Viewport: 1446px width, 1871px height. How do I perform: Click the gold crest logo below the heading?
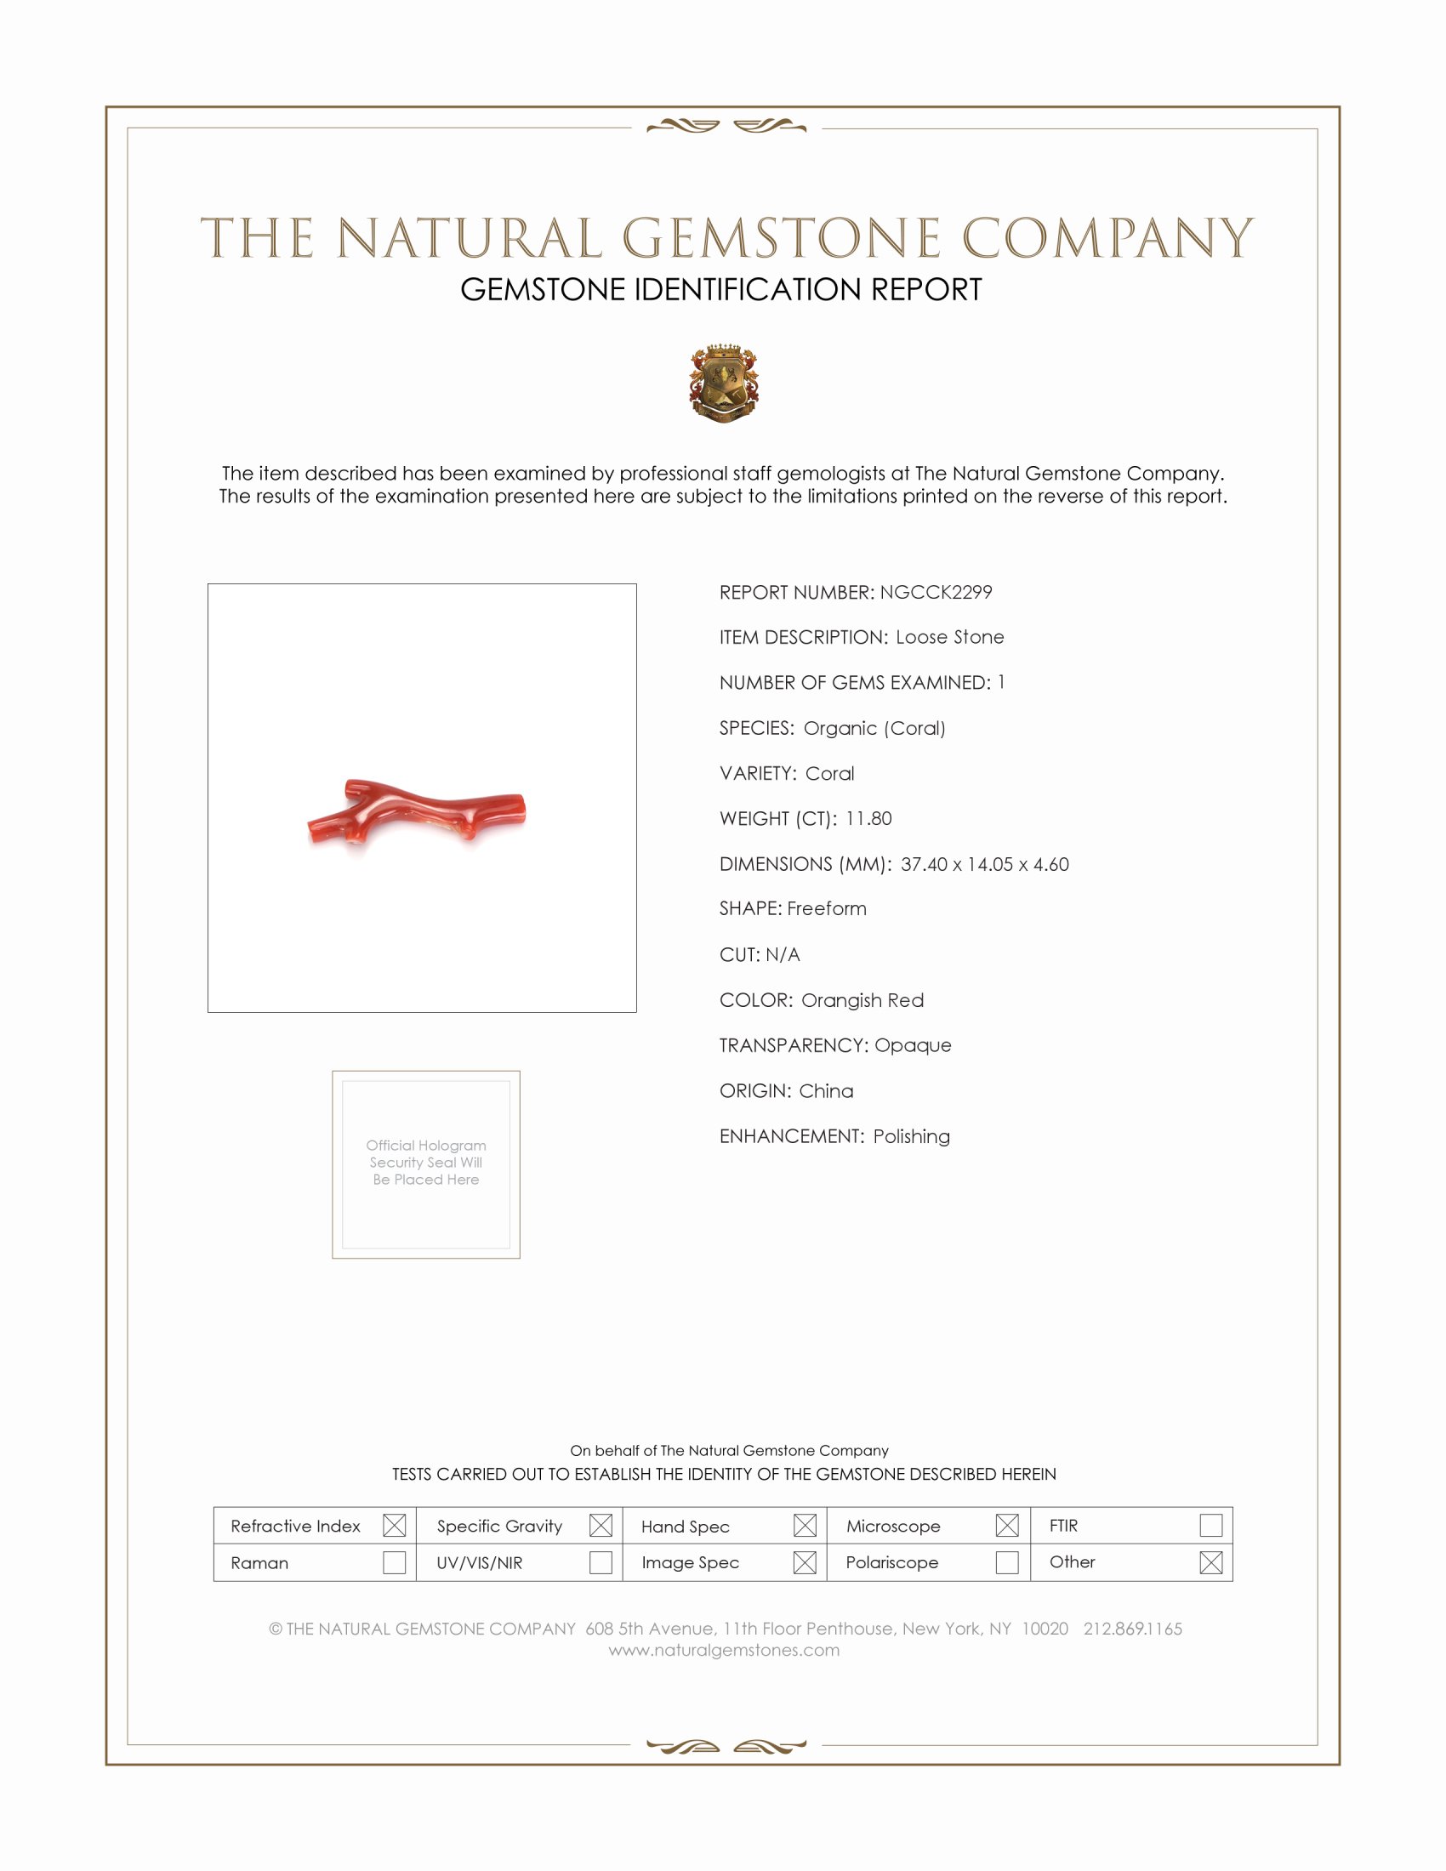[x=724, y=383]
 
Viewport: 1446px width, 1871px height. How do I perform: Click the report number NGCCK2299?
[x=936, y=592]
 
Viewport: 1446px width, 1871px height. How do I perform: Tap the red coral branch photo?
[x=417, y=812]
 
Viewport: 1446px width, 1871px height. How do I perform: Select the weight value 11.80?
[x=868, y=818]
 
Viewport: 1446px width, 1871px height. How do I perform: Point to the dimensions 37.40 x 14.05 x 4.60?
[x=984, y=863]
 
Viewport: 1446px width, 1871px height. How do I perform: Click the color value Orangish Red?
[x=862, y=1000]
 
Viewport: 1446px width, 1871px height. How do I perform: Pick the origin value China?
[x=826, y=1090]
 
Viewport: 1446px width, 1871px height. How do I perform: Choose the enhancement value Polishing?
[x=912, y=1136]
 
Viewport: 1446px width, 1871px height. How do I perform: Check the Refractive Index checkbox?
[x=394, y=1526]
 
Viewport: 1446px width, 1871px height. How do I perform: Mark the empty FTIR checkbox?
[x=1210, y=1526]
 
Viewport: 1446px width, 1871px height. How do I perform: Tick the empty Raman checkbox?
[x=394, y=1562]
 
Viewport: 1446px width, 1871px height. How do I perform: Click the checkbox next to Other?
[x=1210, y=1562]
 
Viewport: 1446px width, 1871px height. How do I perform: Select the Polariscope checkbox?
[x=1007, y=1562]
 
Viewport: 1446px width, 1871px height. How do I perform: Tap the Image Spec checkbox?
[x=805, y=1562]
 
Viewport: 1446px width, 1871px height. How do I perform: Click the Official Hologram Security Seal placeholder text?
[x=426, y=1163]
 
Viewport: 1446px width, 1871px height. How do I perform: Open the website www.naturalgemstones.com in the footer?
[x=724, y=1650]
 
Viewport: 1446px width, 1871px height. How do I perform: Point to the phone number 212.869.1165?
[x=1132, y=1629]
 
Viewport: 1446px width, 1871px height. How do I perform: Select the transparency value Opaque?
[x=913, y=1045]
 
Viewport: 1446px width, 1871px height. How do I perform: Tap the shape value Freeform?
[x=827, y=909]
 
